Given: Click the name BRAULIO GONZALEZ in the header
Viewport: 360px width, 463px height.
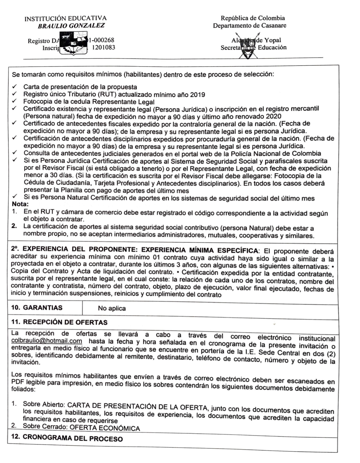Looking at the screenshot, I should [71, 26].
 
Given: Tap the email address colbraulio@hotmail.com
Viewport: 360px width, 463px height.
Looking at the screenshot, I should [46, 341].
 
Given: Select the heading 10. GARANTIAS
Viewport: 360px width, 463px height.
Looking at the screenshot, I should [37, 308].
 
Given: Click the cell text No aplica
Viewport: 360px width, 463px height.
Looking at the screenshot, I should [112, 308].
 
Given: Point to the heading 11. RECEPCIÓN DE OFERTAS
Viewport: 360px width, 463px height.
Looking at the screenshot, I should [59, 322].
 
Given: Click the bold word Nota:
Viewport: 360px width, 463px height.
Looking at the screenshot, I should [20, 204].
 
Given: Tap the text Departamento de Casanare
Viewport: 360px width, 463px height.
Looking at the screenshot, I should [250, 25].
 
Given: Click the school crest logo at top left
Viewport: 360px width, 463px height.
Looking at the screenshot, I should [73, 44].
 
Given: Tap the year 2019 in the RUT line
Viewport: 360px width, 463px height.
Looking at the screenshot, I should [197, 95].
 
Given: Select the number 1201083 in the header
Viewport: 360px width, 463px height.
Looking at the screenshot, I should [103, 48].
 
